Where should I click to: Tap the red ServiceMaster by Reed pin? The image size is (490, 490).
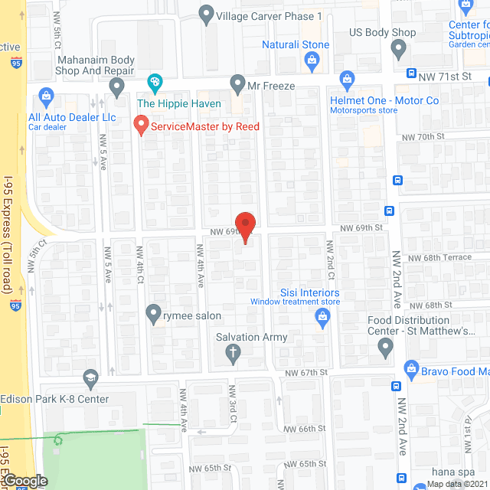point(141,124)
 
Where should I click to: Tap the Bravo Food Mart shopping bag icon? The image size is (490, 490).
point(411,369)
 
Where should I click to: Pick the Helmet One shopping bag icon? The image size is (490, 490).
point(347,79)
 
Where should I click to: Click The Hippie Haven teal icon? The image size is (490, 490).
point(154,82)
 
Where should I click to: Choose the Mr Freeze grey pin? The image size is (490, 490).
point(238,83)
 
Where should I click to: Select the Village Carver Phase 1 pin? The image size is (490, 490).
point(206,14)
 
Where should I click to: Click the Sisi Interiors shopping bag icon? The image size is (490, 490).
point(321,318)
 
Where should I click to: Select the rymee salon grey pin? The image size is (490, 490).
point(152,315)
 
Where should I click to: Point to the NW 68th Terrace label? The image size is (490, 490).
point(439,257)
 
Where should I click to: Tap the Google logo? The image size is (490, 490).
point(25,481)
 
